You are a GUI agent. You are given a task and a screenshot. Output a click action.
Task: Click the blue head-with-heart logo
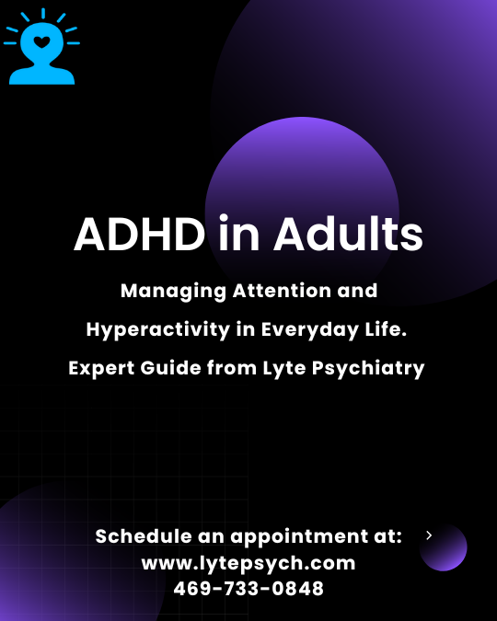pos(40,50)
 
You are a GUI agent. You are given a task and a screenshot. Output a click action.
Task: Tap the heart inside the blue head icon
pos(40,41)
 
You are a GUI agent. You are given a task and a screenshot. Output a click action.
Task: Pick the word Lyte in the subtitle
pos(283,368)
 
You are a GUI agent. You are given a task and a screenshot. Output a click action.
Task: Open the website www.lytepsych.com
pos(248,562)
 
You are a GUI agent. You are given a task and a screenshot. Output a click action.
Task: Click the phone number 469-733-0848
pos(248,589)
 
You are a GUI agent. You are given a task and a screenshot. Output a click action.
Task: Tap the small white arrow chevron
pos(429,535)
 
